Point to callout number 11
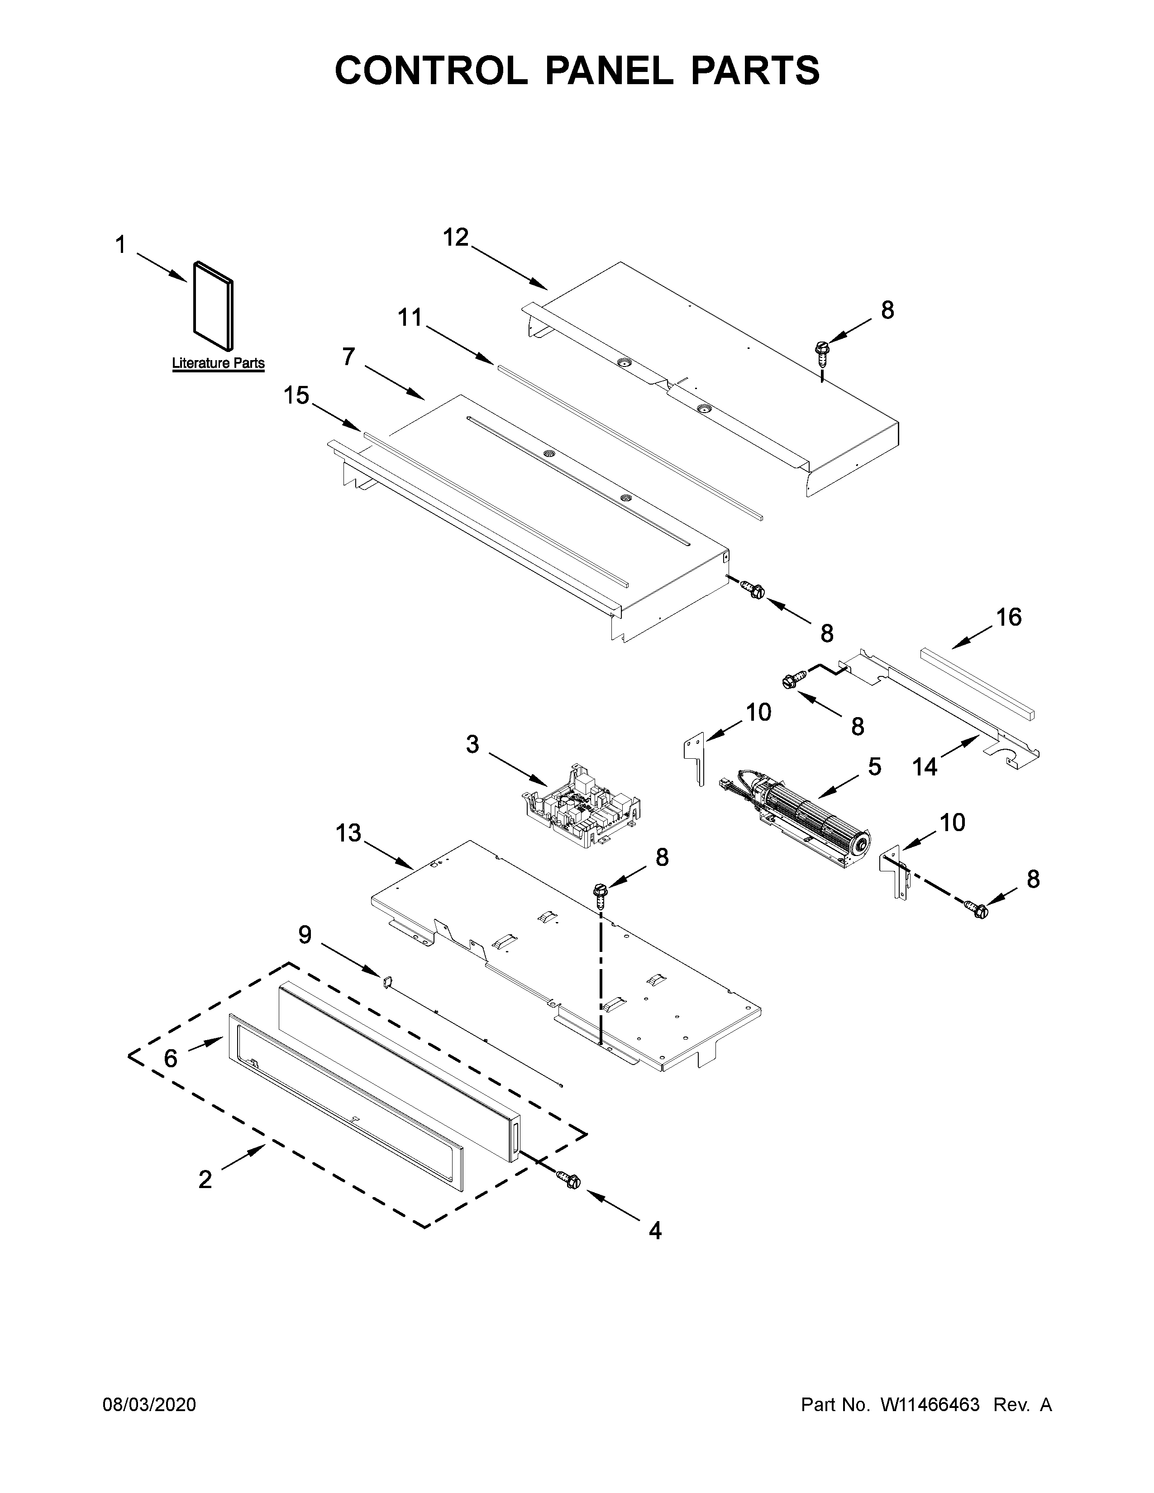tap(410, 318)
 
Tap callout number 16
tap(1008, 617)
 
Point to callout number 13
tap(348, 834)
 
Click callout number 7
tap(348, 356)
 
